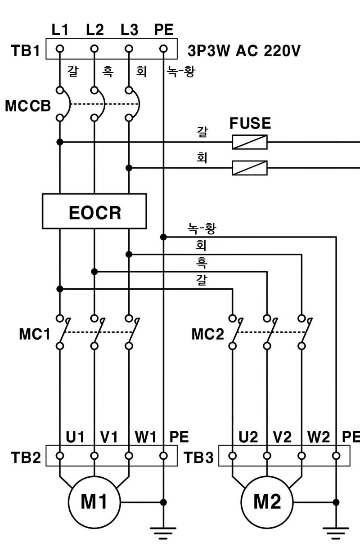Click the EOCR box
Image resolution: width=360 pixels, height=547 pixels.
[x=94, y=211]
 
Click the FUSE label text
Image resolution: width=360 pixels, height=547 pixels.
[x=250, y=123]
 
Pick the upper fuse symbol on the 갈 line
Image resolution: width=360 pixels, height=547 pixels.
[x=250, y=142]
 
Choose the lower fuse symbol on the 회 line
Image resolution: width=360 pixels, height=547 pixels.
[x=250, y=168]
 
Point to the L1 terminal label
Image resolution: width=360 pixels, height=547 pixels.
[x=60, y=30]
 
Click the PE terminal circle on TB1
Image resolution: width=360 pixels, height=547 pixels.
[x=164, y=49]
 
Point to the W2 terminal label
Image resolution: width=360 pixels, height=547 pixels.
[x=319, y=437]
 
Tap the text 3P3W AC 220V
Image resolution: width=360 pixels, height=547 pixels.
[x=243, y=50]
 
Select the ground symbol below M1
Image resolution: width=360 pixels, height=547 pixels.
[x=164, y=533]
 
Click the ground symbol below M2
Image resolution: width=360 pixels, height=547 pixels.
[x=336, y=533]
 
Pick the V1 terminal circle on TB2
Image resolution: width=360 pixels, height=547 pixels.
[x=94, y=456]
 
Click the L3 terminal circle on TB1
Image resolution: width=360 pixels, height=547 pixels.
[x=129, y=49]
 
